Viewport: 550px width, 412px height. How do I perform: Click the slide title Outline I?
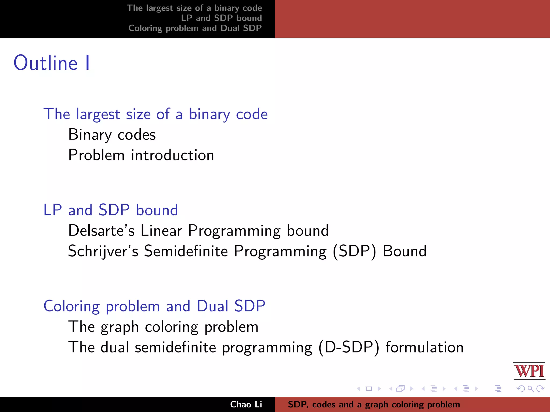[52, 63]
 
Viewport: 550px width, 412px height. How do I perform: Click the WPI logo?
[529, 371]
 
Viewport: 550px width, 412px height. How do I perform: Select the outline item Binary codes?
[112, 135]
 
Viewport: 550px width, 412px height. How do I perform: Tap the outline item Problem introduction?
[141, 155]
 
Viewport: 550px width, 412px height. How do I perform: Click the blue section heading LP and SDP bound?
[111, 210]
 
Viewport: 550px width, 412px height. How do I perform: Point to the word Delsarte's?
[101, 231]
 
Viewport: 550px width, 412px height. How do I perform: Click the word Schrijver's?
[103, 251]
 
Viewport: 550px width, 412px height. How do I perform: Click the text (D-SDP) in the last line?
[349, 347]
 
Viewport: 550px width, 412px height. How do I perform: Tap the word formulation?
[425, 347]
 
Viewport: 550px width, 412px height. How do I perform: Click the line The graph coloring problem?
[163, 327]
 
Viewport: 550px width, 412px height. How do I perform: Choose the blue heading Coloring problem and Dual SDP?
[154, 306]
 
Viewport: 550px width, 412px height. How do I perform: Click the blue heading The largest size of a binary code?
[155, 114]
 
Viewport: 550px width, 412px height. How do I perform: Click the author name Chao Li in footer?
[246, 404]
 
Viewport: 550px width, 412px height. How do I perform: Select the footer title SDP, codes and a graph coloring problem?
[374, 404]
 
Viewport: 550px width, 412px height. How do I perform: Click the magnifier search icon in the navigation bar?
[530, 389]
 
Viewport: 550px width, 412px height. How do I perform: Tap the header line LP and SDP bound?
[221, 18]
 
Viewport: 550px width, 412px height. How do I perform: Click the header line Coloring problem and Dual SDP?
[195, 28]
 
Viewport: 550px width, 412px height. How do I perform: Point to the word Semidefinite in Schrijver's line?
[186, 251]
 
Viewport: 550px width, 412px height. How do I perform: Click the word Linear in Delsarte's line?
[161, 231]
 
